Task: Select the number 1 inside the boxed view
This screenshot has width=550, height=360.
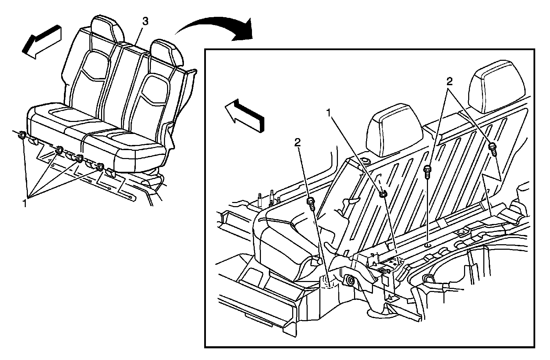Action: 329,113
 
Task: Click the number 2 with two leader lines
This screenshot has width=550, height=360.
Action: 449,81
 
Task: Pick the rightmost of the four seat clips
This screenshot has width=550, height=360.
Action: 100,167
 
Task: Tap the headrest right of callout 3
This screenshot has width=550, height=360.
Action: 167,52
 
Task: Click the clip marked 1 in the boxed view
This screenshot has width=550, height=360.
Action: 383,194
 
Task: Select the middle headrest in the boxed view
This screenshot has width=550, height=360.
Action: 394,132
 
